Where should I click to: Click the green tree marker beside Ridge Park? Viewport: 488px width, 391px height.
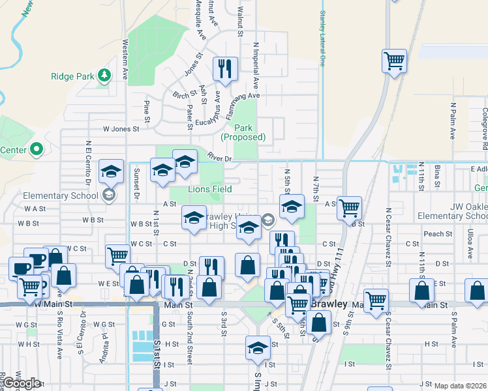104,76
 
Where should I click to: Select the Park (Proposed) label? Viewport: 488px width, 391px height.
243,132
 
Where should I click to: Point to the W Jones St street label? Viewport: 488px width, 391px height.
121,129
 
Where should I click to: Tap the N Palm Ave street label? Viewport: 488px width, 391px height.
452,123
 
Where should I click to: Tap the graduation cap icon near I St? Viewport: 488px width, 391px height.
258,349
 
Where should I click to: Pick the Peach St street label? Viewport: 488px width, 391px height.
438,234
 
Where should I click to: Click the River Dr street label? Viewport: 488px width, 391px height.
220,158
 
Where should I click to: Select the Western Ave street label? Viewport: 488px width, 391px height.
125,59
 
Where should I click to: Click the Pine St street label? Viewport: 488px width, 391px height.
147,110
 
